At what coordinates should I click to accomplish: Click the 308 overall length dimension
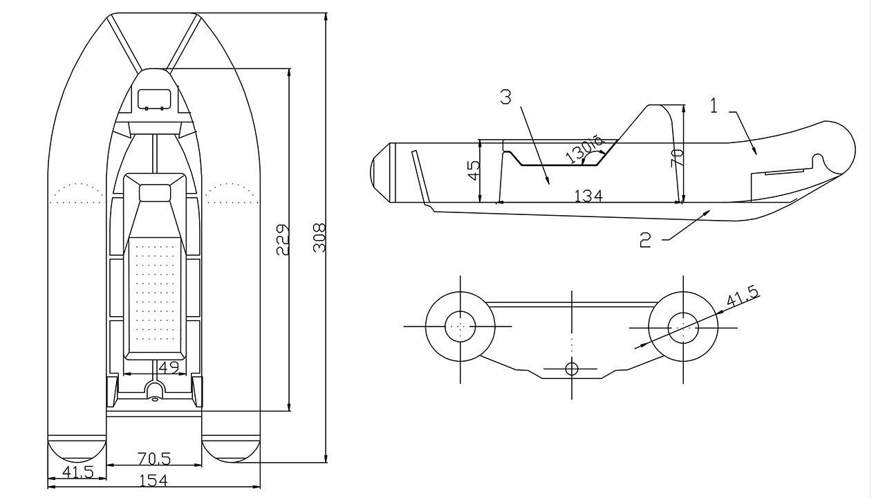(x=319, y=237)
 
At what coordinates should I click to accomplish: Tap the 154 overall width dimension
(x=153, y=481)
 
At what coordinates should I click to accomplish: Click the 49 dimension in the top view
(x=169, y=367)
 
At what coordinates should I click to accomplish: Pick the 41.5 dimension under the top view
(x=77, y=472)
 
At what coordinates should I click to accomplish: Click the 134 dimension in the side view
(x=588, y=196)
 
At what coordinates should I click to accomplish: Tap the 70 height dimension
(x=677, y=157)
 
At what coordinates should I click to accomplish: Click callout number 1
(x=714, y=106)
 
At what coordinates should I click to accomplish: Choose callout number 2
(x=645, y=240)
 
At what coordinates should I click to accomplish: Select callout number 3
(x=506, y=98)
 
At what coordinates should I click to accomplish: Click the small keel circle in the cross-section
(x=572, y=369)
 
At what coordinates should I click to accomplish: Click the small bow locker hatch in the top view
(x=153, y=99)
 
